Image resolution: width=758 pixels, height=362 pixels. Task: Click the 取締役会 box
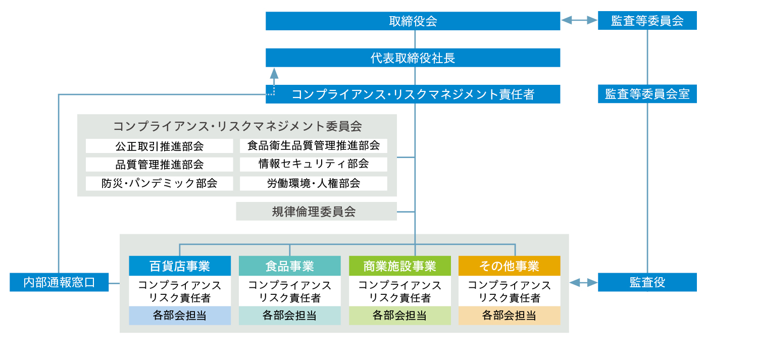(x=413, y=21)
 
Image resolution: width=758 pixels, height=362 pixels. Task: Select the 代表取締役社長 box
(x=413, y=58)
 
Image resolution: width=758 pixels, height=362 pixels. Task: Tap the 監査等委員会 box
(x=647, y=21)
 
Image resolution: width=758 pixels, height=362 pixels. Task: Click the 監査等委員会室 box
(x=647, y=94)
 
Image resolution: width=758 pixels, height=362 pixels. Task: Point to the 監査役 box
(x=647, y=283)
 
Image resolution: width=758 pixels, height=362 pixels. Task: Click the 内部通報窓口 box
(x=59, y=282)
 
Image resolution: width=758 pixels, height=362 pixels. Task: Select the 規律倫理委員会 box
(x=316, y=212)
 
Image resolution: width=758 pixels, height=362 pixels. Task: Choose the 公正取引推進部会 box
(x=159, y=146)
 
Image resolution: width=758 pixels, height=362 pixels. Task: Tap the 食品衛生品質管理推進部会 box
(x=313, y=146)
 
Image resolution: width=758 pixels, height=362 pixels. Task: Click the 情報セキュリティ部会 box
(x=313, y=164)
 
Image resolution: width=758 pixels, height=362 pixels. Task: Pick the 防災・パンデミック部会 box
(x=159, y=183)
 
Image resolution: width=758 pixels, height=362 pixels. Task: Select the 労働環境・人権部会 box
(x=313, y=183)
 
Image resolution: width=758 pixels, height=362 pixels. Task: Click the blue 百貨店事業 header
(x=180, y=266)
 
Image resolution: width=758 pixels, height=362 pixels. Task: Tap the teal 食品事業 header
(x=289, y=266)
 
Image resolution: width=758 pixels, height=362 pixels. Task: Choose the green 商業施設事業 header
(x=399, y=266)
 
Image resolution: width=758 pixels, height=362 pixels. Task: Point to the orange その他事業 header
(x=509, y=266)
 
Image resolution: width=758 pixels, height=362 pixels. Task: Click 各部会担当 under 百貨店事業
(x=180, y=316)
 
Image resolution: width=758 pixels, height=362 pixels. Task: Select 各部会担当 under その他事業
(x=509, y=316)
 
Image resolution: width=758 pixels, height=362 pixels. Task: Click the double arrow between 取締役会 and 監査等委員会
(x=579, y=21)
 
